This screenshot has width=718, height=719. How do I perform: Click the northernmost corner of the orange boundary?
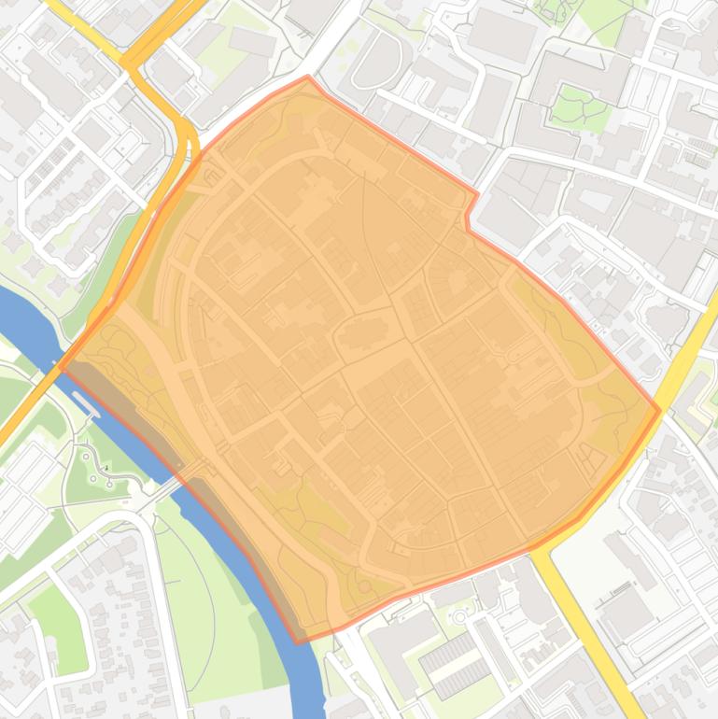pos(307,77)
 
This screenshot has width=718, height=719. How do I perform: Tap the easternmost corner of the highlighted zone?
pos(660,409)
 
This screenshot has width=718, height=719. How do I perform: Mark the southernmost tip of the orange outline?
pos(300,642)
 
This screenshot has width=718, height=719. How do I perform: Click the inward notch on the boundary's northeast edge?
pos(468,216)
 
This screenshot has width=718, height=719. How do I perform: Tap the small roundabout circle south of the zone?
pos(459,616)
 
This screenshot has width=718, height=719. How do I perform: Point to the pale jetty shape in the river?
pos(85,402)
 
